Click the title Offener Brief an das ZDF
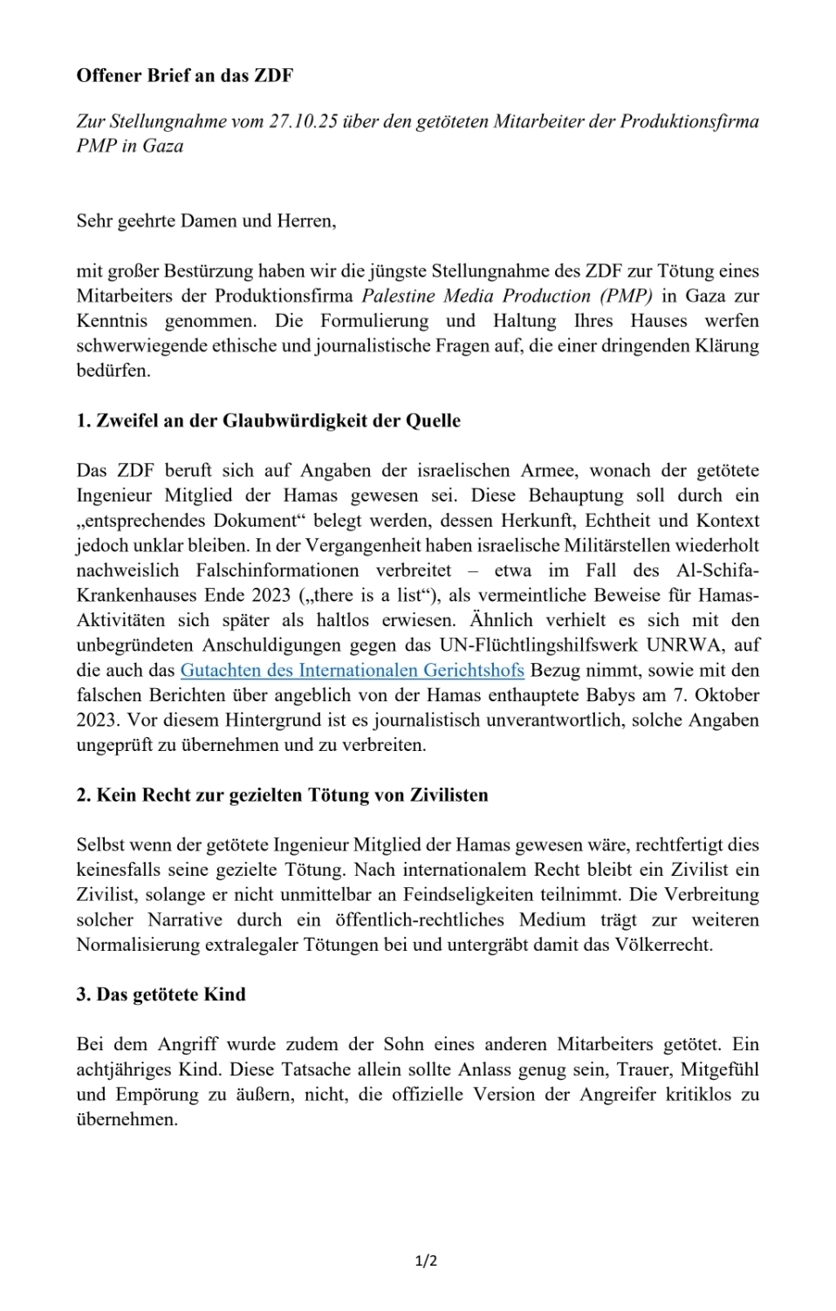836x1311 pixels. point(184,76)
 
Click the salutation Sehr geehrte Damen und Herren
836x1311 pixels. point(206,221)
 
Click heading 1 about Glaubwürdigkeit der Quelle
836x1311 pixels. point(268,420)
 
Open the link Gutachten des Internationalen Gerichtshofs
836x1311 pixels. point(352,671)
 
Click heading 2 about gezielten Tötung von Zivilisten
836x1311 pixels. point(282,795)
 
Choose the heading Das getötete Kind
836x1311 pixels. point(161,994)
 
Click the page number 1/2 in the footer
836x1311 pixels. point(426,1261)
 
